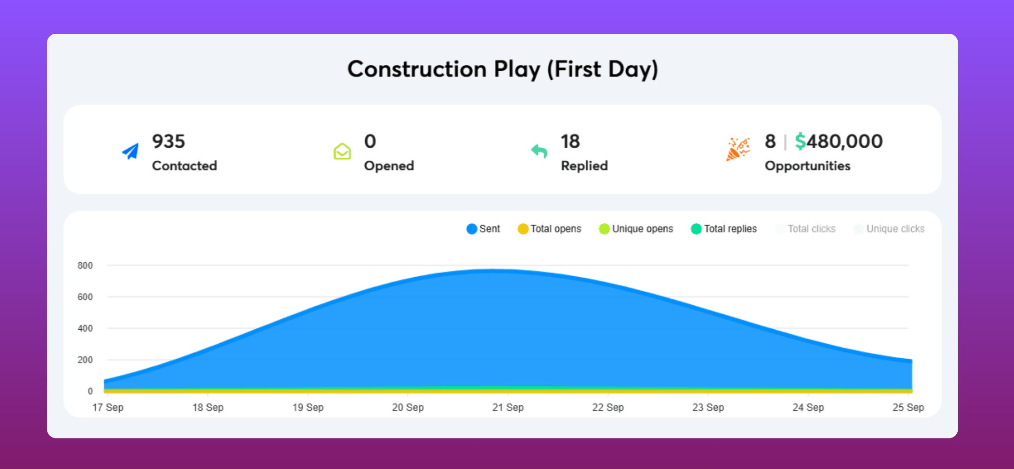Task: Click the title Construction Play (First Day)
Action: click(x=502, y=69)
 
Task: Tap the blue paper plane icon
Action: click(x=131, y=151)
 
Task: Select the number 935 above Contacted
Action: click(x=169, y=141)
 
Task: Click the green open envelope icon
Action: click(x=342, y=151)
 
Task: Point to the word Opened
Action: click(x=389, y=166)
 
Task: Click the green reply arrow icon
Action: click(x=539, y=151)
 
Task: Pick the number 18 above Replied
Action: click(x=570, y=141)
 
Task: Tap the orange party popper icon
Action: click(x=737, y=150)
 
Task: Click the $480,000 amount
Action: click(x=838, y=141)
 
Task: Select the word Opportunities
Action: click(x=807, y=166)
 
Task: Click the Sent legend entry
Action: click(x=484, y=229)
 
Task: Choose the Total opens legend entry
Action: click(x=550, y=229)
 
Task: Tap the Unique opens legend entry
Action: click(x=636, y=229)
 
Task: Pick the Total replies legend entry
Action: click(x=724, y=229)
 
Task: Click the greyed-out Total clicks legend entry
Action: click(x=806, y=229)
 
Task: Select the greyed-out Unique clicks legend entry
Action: click(x=889, y=229)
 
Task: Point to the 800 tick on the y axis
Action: click(x=85, y=265)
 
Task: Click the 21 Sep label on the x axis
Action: click(x=508, y=408)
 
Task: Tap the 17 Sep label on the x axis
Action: click(x=108, y=408)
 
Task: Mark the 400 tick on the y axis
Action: click(x=85, y=328)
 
